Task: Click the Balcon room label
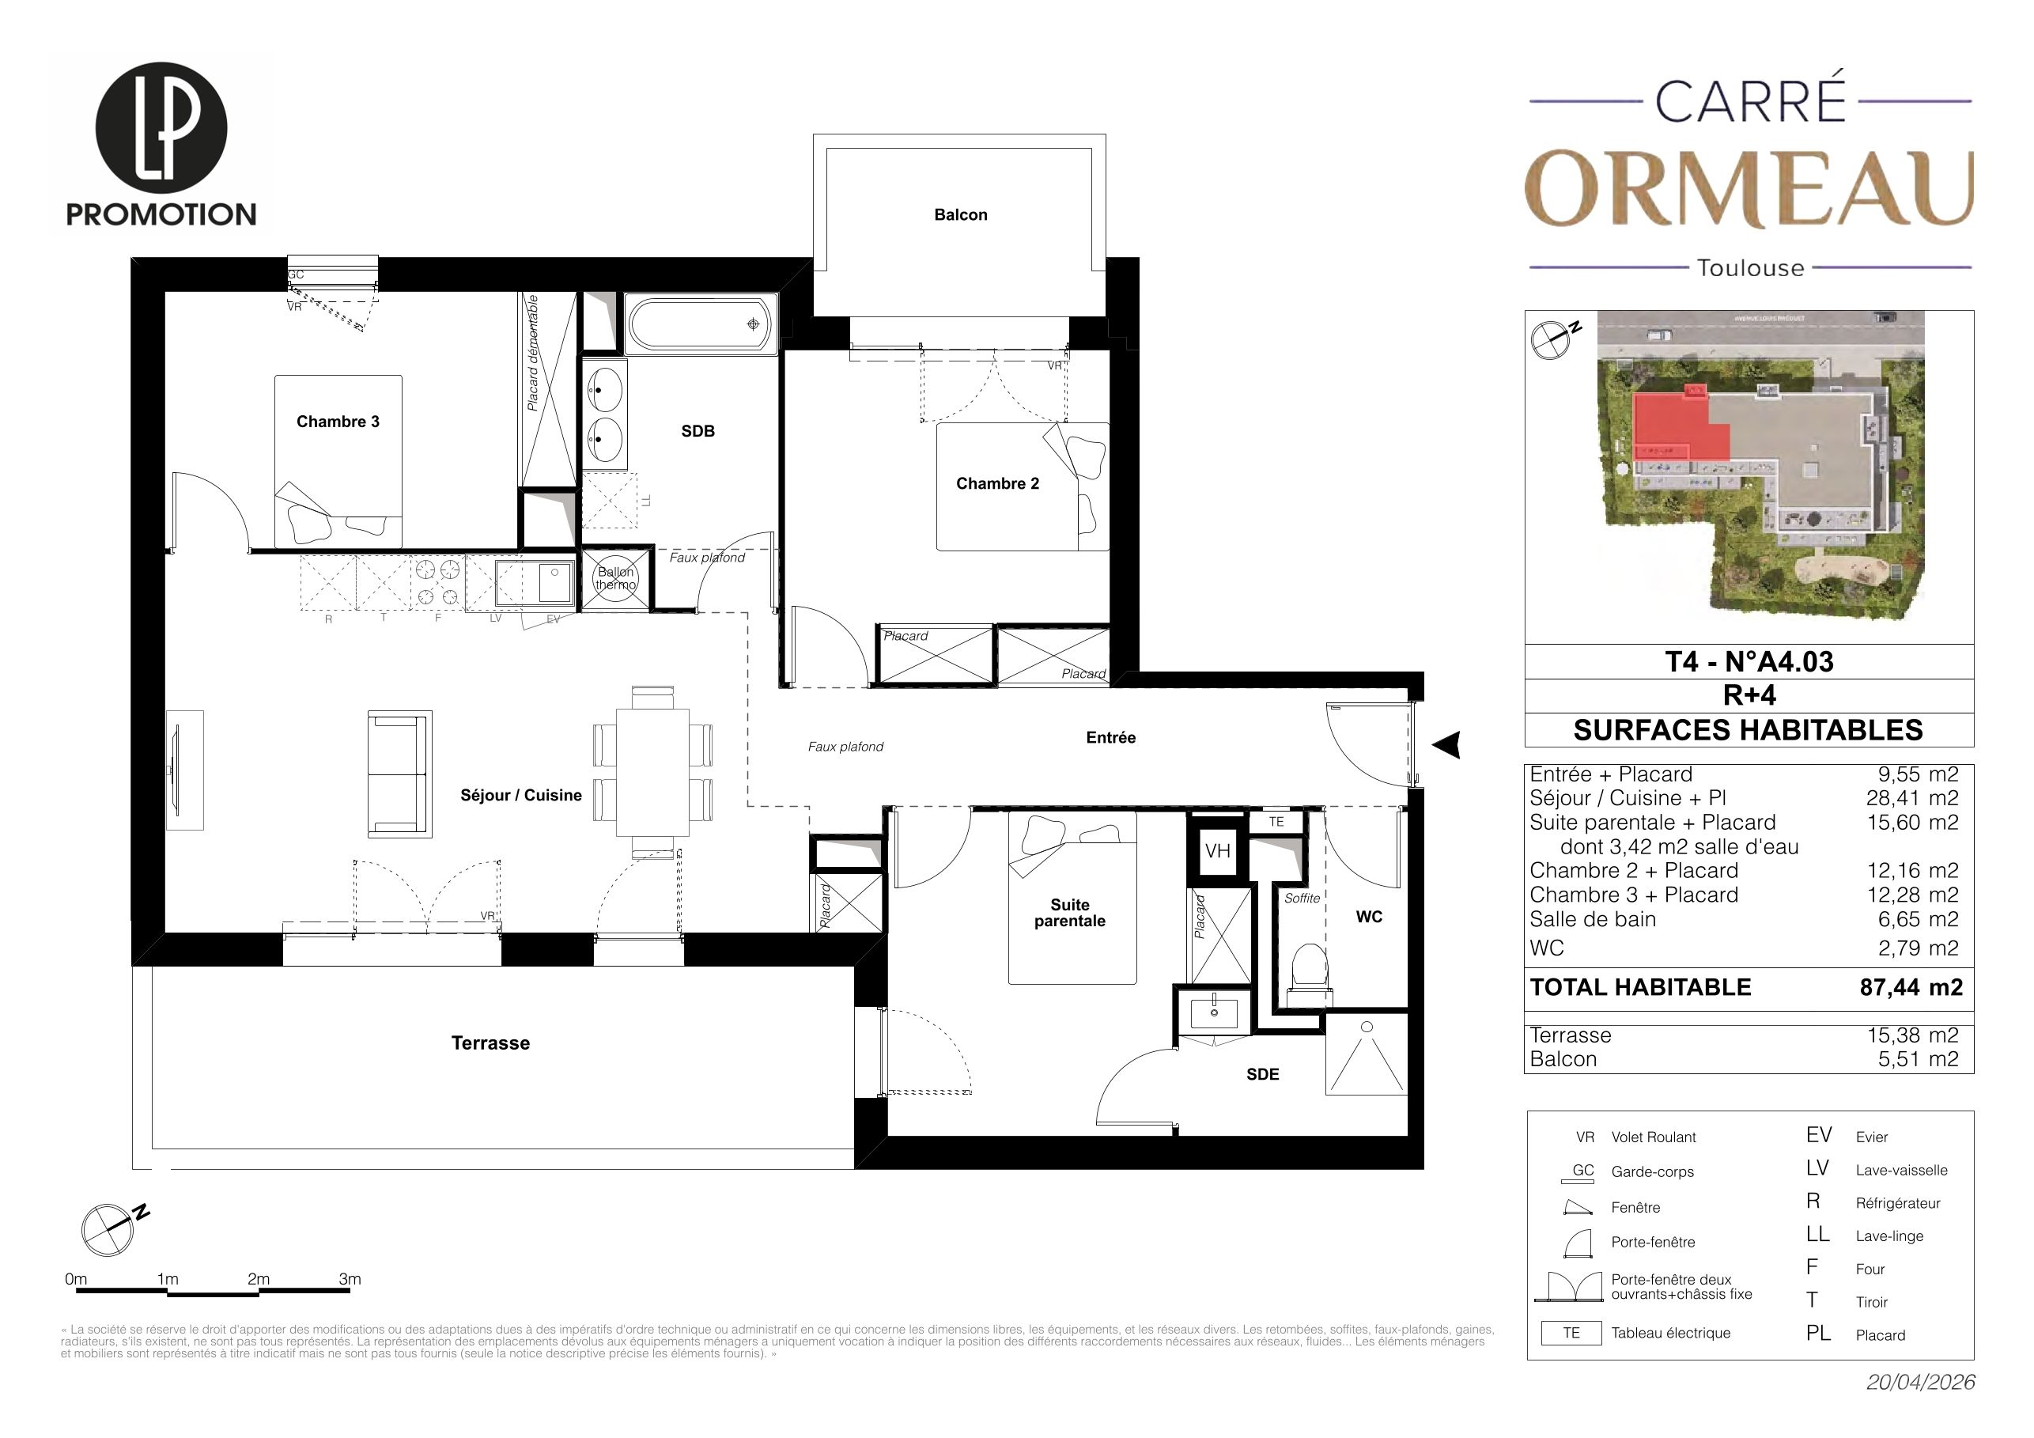[960, 214]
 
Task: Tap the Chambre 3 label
[338, 422]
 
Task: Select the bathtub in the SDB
[701, 324]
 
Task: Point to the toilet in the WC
[1310, 975]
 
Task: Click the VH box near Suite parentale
[1217, 851]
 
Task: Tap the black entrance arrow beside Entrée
[1446, 745]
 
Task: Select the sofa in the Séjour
[399, 774]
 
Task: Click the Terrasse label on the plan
[491, 1043]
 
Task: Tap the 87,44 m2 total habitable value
[1911, 987]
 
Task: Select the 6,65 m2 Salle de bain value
[1918, 919]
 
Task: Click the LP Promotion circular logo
[161, 127]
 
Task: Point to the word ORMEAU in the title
[1749, 189]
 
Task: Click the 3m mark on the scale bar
[350, 1279]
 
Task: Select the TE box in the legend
[1571, 1333]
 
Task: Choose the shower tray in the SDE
[1366, 1054]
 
